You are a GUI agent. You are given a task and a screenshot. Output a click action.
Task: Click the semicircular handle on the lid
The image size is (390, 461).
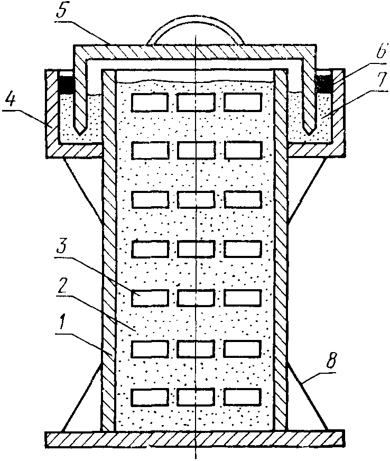coord(196,34)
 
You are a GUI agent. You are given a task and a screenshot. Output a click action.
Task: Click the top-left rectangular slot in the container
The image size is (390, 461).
coord(149,102)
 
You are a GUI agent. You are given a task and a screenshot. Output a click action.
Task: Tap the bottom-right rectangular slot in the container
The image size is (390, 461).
coord(243,398)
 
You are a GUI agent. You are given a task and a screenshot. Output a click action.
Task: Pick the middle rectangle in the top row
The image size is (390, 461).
coord(196,102)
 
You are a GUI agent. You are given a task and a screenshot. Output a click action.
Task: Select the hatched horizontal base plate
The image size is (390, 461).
coord(196,438)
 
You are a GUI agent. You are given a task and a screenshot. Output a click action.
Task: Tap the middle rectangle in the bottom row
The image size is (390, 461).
coord(196,398)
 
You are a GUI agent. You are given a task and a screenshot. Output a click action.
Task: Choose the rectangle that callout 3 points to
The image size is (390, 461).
coord(149,298)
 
